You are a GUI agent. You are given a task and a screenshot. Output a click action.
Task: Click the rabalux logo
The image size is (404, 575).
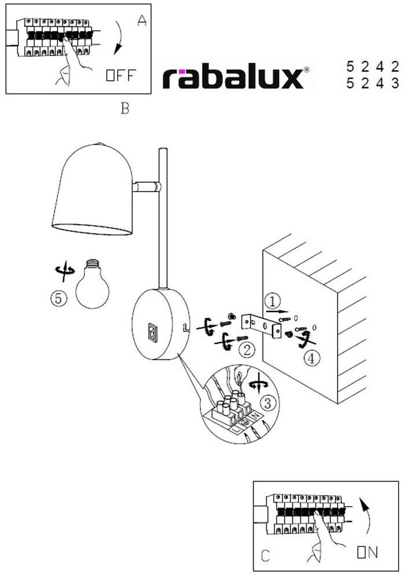tap(233, 78)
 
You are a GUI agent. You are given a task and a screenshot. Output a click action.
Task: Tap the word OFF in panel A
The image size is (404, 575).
tap(121, 75)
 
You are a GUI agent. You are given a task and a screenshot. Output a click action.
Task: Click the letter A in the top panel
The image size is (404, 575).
tap(142, 21)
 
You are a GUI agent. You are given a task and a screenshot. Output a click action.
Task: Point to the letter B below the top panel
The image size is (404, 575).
tap(125, 108)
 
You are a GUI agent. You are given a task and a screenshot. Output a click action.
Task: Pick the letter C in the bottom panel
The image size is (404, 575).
tap(265, 557)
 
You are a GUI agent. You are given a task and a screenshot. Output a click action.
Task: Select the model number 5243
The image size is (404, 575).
tap(372, 84)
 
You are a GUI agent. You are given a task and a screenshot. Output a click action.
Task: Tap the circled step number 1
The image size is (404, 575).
tap(273, 301)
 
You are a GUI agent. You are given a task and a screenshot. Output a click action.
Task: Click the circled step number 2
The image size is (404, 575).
tap(247, 348)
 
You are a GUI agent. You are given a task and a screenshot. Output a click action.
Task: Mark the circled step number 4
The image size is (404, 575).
tap(311, 359)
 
